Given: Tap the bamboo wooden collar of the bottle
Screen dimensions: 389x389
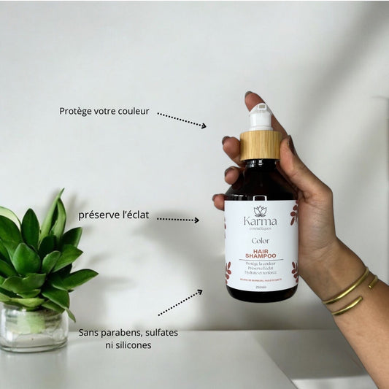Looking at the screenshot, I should [261, 145].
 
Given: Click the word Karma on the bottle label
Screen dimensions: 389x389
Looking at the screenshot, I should [260, 222].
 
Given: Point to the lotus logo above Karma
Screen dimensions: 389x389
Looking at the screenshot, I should [261, 210].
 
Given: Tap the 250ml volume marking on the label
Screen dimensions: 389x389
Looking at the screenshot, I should [261, 285].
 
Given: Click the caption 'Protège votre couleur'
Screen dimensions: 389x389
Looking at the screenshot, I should [104, 112].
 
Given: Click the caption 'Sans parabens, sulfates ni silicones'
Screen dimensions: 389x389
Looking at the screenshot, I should [128, 339].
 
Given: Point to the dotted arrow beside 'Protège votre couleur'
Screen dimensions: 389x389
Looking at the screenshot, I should [181, 120].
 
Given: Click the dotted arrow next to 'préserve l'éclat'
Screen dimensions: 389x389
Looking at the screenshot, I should [177, 219].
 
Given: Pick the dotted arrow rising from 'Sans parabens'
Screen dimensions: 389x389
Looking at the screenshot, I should [180, 302].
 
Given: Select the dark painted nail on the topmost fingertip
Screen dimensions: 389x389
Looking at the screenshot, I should [250, 96].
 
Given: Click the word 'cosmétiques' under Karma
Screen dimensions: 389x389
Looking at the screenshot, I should [260, 229].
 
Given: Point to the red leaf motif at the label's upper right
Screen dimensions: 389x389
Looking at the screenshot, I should [293, 213].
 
